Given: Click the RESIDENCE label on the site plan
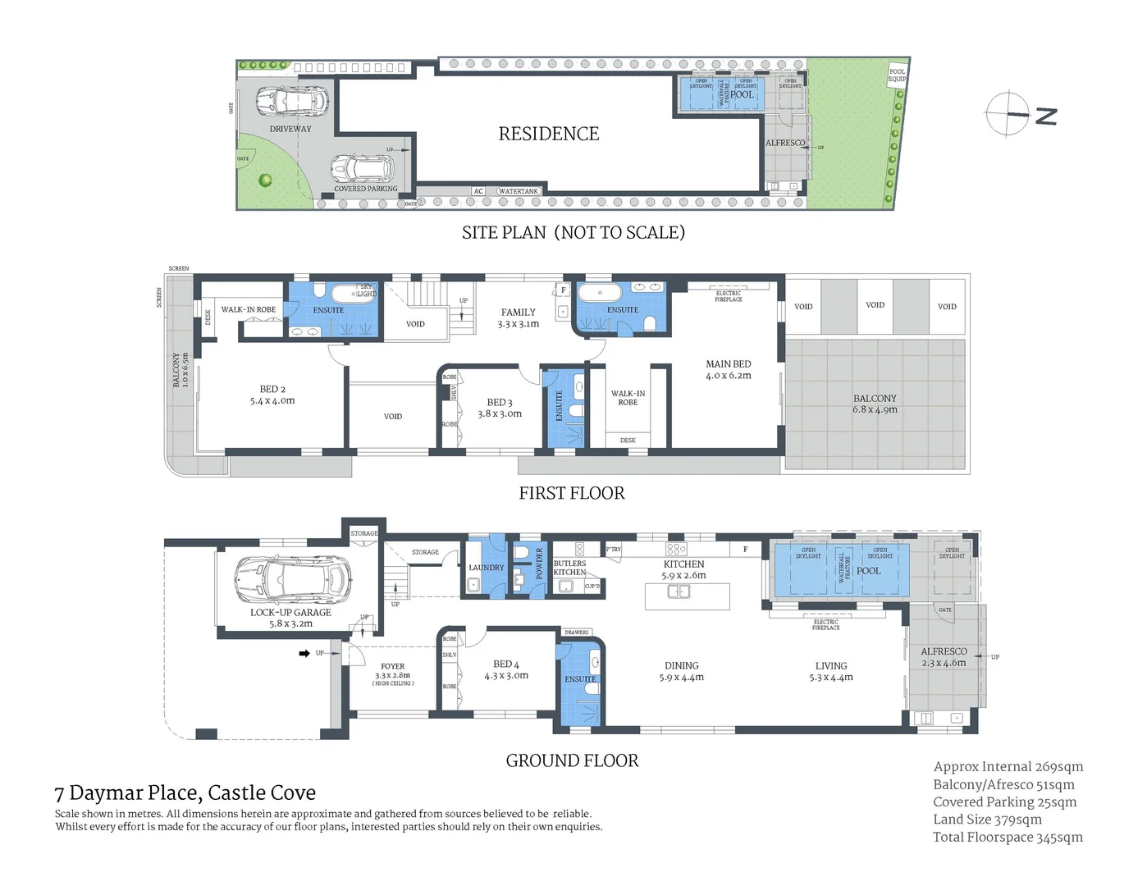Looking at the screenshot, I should [x=548, y=134].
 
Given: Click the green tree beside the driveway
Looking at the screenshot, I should [x=265, y=180].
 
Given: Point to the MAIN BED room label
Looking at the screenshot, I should [x=728, y=364].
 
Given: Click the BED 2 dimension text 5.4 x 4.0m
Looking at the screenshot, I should [x=272, y=401].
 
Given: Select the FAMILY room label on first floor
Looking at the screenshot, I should [x=518, y=313].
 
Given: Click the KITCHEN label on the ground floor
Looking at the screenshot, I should [x=683, y=564].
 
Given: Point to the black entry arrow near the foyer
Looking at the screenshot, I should [x=304, y=654].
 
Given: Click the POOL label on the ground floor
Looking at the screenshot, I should [x=868, y=571].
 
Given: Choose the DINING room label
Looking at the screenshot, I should [x=681, y=666].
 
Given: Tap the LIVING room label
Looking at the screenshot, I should [x=830, y=666].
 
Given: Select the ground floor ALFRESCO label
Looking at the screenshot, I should [x=944, y=651].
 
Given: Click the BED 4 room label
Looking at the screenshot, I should [x=505, y=664].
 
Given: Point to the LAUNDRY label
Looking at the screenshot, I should [x=486, y=568].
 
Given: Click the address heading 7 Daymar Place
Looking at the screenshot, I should [x=185, y=793].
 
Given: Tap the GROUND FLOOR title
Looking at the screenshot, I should [x=572, y=761].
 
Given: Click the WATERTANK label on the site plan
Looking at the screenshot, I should [x=519, y=191].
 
